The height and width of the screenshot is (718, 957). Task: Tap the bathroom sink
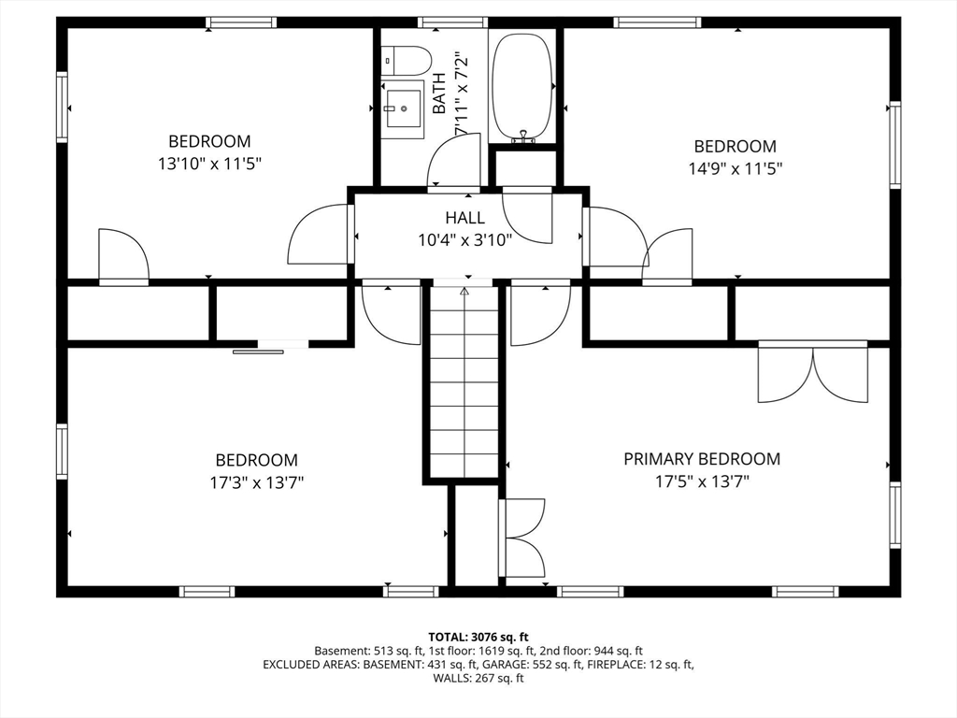pos(404,108)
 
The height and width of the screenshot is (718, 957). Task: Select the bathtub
pos(522,87)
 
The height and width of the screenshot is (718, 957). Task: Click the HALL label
pos(464,218)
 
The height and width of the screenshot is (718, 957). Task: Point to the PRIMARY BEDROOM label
pos(702,459)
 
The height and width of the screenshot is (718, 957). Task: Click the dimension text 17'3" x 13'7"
pos(257,482)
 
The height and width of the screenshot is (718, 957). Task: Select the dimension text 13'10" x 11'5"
pos(209,164)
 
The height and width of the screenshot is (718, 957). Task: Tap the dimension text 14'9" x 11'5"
pos(735,168)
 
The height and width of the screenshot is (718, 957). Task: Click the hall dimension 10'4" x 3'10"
pos(464,239)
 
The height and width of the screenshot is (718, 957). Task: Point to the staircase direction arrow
pos(464,292)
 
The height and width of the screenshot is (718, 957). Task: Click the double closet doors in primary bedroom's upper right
pos(812,373)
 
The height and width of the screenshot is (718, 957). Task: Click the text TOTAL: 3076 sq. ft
pos(478,637)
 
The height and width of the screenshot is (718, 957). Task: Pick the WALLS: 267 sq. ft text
pos(478,679)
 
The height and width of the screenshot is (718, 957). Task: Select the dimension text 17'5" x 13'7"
pos(702,482)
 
